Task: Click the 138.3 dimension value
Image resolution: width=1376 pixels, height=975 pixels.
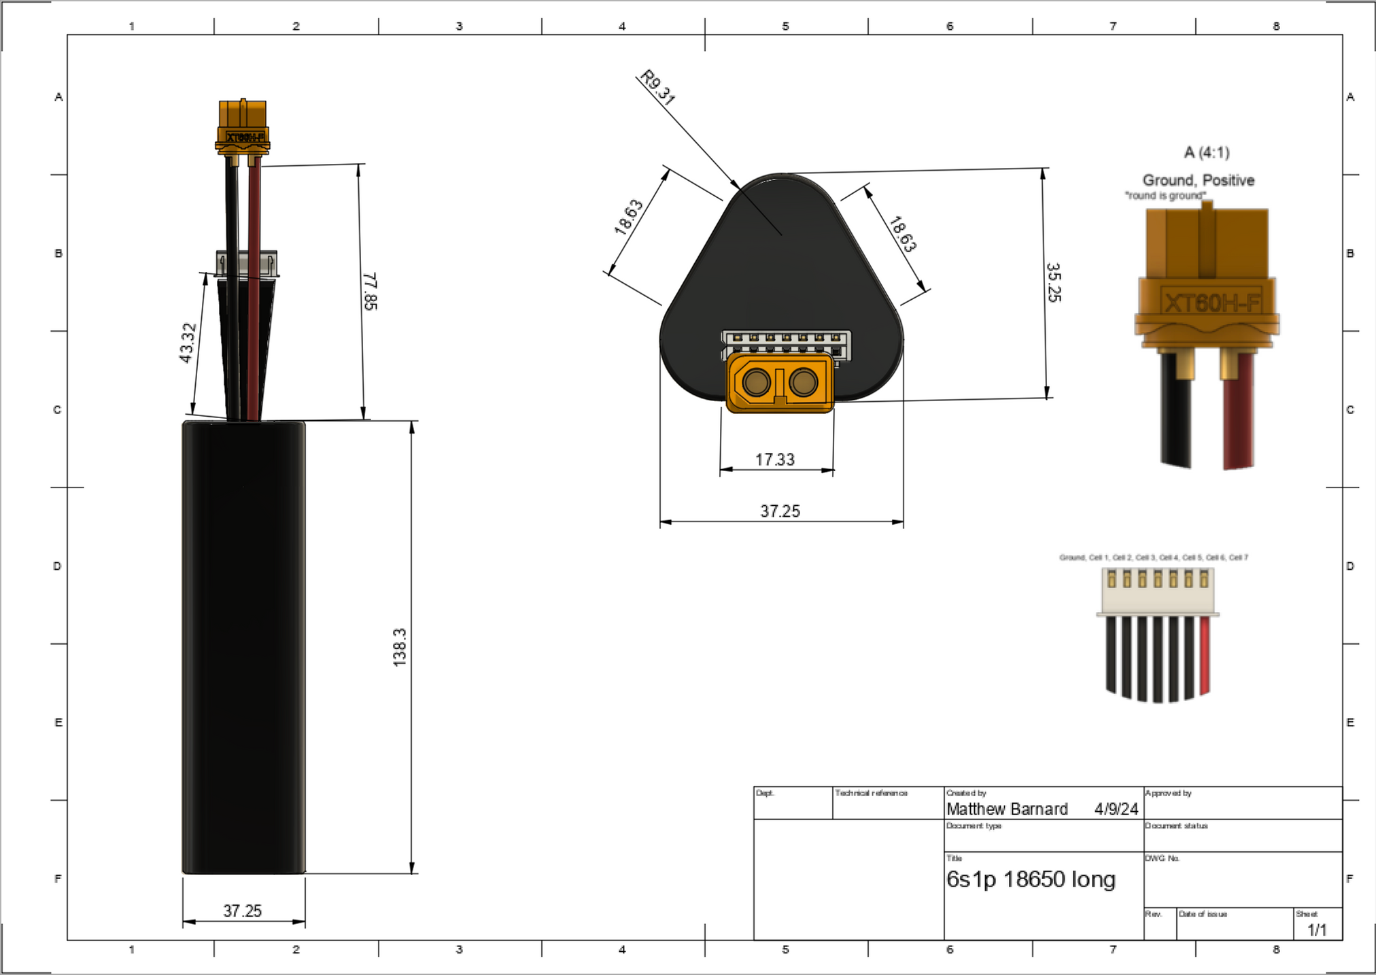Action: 400,647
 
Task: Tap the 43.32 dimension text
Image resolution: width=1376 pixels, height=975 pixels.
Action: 188,343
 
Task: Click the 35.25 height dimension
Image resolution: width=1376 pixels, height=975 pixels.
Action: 1053,282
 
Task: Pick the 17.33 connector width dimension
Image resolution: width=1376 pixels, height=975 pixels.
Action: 775,460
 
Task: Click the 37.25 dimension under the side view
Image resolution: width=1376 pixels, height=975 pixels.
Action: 243,911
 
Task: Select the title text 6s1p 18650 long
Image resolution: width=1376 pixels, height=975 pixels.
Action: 1031,879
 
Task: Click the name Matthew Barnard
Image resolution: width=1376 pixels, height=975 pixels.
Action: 1007,809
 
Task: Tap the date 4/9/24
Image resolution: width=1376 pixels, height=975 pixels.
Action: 1116,809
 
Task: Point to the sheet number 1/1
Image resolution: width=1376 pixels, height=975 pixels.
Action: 1317,930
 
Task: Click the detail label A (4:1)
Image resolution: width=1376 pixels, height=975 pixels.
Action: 1207,152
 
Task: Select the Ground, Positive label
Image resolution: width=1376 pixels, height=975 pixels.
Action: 1198,180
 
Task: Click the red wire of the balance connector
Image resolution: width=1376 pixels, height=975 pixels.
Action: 1205,656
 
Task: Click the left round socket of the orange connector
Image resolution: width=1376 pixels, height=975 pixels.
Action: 755,383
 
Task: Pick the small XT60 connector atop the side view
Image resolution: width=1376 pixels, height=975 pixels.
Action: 243,126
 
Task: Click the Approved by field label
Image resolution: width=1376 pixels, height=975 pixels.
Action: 1168,793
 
